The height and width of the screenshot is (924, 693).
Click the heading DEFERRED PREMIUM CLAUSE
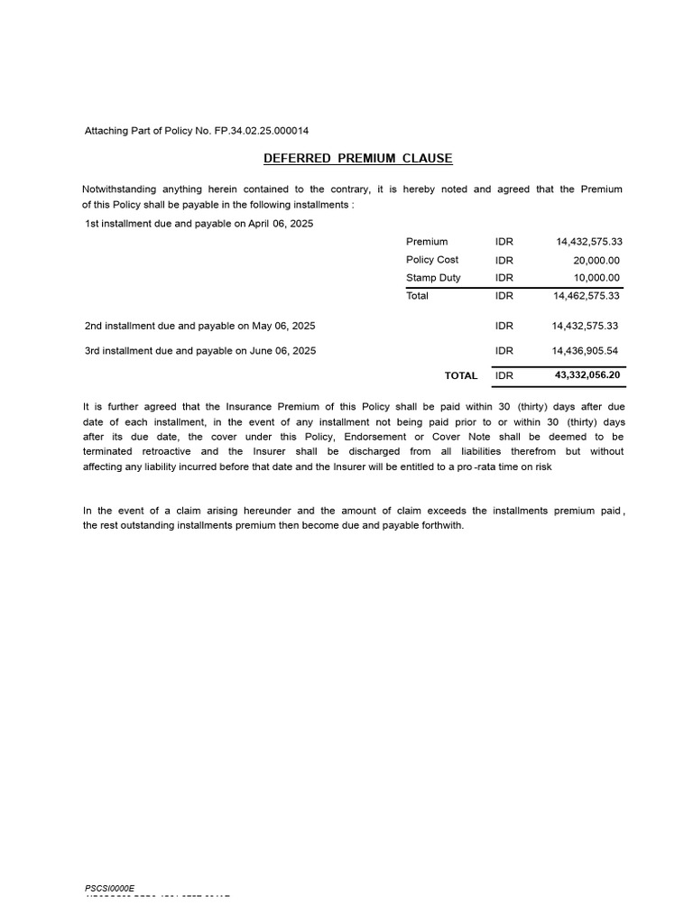357,159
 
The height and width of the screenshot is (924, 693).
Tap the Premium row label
427,242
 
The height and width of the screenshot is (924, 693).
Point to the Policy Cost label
432,260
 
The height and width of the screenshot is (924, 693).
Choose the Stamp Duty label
433,278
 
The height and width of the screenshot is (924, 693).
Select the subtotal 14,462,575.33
586,296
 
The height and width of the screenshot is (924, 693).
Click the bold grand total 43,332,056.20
588,374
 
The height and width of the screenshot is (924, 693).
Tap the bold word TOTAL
461,375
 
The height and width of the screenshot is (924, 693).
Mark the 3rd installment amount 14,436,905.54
586,350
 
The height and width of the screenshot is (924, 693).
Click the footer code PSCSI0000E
109,889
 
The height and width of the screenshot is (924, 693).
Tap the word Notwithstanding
118,189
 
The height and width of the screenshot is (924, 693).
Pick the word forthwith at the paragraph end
441,525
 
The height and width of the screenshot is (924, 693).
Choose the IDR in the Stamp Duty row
504,278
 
